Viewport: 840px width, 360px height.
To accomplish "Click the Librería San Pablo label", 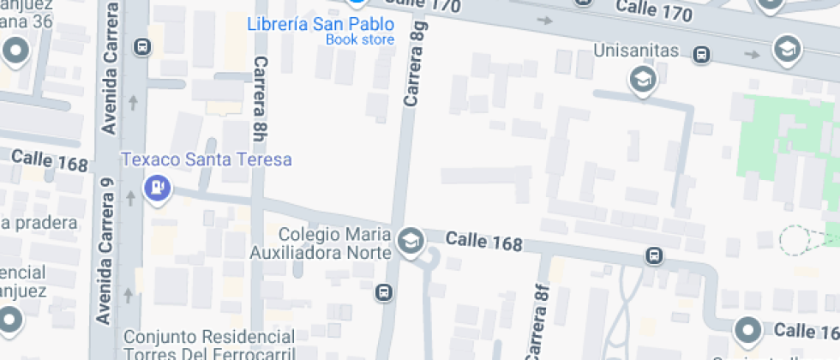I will click(321, 24).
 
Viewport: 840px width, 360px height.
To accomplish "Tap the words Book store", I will click(360, 39).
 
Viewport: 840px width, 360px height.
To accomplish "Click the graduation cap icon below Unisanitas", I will click(641, 81).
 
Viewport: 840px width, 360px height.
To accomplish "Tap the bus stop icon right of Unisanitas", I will click(702, 55).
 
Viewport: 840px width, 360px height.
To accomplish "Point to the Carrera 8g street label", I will click(415, 64).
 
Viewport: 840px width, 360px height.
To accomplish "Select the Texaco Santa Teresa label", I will click(206, 159).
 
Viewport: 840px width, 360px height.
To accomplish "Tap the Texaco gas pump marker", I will click(158, 186).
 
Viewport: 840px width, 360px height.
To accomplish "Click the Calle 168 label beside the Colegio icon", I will click(483, 243).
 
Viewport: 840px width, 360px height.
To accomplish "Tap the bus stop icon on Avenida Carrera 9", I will click(143, 48).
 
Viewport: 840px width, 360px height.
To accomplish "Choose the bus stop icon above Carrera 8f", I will click(654, 256).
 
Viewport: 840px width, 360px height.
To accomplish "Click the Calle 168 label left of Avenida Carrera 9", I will click(50, 159).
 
